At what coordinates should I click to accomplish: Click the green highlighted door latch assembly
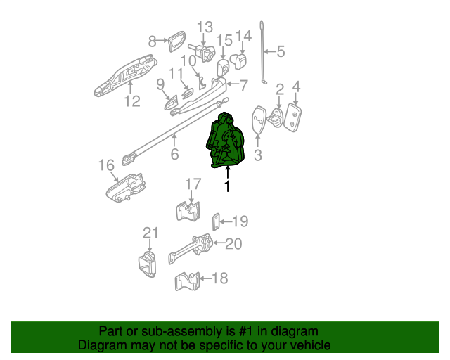(226, 141)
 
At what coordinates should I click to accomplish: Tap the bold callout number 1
(226, 186)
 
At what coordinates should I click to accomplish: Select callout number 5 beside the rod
(281, 51)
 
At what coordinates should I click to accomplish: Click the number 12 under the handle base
(132, 102)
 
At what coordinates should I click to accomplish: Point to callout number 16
(105, 165)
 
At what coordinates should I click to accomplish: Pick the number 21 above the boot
(151, 233)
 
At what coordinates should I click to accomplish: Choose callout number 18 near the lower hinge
(220, 278)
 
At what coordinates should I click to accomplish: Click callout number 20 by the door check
(233, 244)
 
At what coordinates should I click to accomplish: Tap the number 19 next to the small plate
(240, 221)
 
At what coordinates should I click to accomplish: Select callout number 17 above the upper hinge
(193, 184)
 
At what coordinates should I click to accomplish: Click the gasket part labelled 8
(176, 41)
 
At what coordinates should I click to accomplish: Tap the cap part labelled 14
(238, 62)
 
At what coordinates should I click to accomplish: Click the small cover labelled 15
(222, 68)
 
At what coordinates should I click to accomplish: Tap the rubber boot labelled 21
(148, 267)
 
